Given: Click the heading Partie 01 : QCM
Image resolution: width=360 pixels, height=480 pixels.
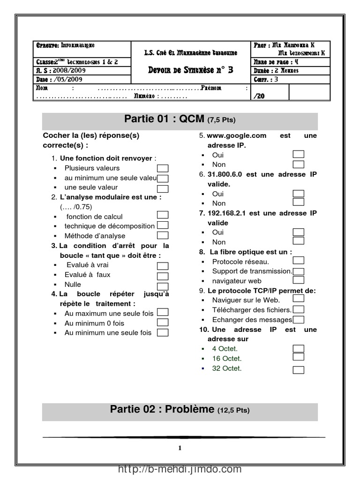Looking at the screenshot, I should coord(180,120).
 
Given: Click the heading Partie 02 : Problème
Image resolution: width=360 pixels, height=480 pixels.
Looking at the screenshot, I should coord(180,409).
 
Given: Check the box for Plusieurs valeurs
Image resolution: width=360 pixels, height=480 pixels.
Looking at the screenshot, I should coord(163,168).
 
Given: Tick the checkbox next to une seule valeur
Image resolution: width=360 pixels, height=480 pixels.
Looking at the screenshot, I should coord(163,187).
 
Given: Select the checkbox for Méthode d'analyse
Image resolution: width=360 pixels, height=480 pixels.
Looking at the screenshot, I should coord(163,236).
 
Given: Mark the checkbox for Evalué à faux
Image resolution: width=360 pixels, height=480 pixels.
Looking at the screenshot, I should coord(163,276).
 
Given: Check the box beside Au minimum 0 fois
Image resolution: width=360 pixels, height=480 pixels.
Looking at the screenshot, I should coord(163,322).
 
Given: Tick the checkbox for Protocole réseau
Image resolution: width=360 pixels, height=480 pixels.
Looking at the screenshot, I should coord(298,261).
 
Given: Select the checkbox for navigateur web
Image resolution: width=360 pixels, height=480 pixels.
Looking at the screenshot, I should coord(298,280).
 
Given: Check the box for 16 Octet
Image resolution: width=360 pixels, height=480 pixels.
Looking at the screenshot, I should coord(298,357).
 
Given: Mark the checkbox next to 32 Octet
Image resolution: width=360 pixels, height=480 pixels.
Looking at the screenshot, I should coord(298,370).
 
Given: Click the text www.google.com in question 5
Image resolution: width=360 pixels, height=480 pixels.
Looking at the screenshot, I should coord(233,135).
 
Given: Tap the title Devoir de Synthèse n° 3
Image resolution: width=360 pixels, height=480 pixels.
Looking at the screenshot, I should coord(190,70).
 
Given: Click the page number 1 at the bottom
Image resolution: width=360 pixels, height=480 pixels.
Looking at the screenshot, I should coord(180,448).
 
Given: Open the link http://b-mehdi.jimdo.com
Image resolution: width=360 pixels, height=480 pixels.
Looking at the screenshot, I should coord(180,469).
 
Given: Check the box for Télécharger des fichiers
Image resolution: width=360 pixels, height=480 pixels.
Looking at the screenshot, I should coord(298,309).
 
